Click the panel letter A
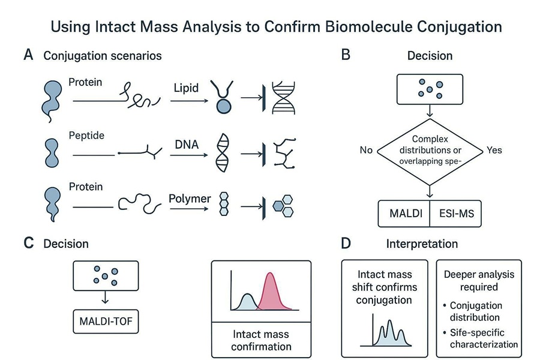click(28, 56)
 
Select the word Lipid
click(186, 88)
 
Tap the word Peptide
click(86, 136)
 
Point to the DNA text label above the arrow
click(187, 145)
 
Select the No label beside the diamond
click(367, 149)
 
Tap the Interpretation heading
click(422, 244)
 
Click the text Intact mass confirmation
click(260, 340)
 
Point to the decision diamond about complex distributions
click(430, 149)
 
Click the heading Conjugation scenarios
click(102, 56)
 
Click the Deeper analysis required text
click(479, 281)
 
